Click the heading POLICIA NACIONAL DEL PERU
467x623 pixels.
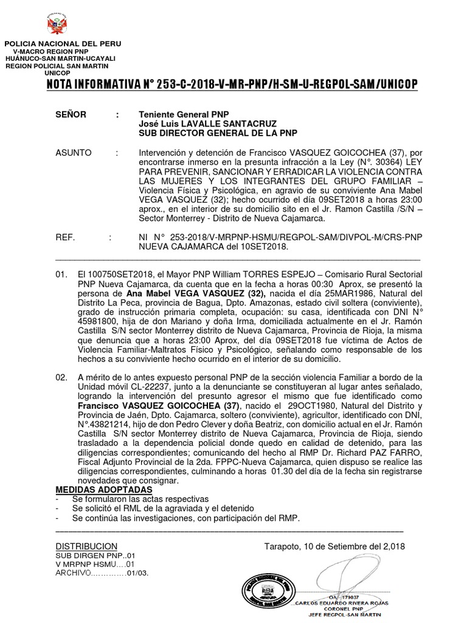63,44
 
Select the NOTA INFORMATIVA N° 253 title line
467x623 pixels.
233,85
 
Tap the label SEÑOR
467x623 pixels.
71,114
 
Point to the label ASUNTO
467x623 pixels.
74,153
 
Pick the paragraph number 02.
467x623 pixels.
61,378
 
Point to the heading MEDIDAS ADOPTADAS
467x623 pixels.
104,490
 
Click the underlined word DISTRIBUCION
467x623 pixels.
86,546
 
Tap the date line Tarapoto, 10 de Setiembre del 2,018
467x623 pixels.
334,546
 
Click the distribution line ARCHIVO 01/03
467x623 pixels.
102,573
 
